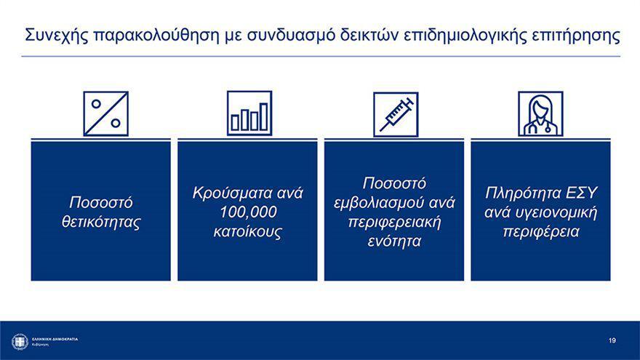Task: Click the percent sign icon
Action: click(x=105, y=113)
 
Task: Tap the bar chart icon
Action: click(x=249, y=113)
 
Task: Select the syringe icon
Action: click(x=396, y=114)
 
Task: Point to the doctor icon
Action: click(x=540, y=113)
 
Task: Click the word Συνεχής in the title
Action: click(x=57, y=36)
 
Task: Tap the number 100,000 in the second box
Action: click(x=248, y=212)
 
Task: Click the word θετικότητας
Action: click(x=101, y=222)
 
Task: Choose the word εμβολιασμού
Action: click(x=374, y=203)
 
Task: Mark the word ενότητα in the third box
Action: click(x=394, y=241)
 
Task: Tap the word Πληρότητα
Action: click(x=522, y=193)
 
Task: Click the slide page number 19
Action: click(x=612, y=340)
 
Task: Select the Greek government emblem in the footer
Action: click(x=20, y=342)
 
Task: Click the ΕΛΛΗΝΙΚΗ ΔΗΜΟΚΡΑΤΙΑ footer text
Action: click(x=55, y=339)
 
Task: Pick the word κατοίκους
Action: click(x=248, y=231)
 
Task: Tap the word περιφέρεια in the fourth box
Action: click(x=541, y=232)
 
